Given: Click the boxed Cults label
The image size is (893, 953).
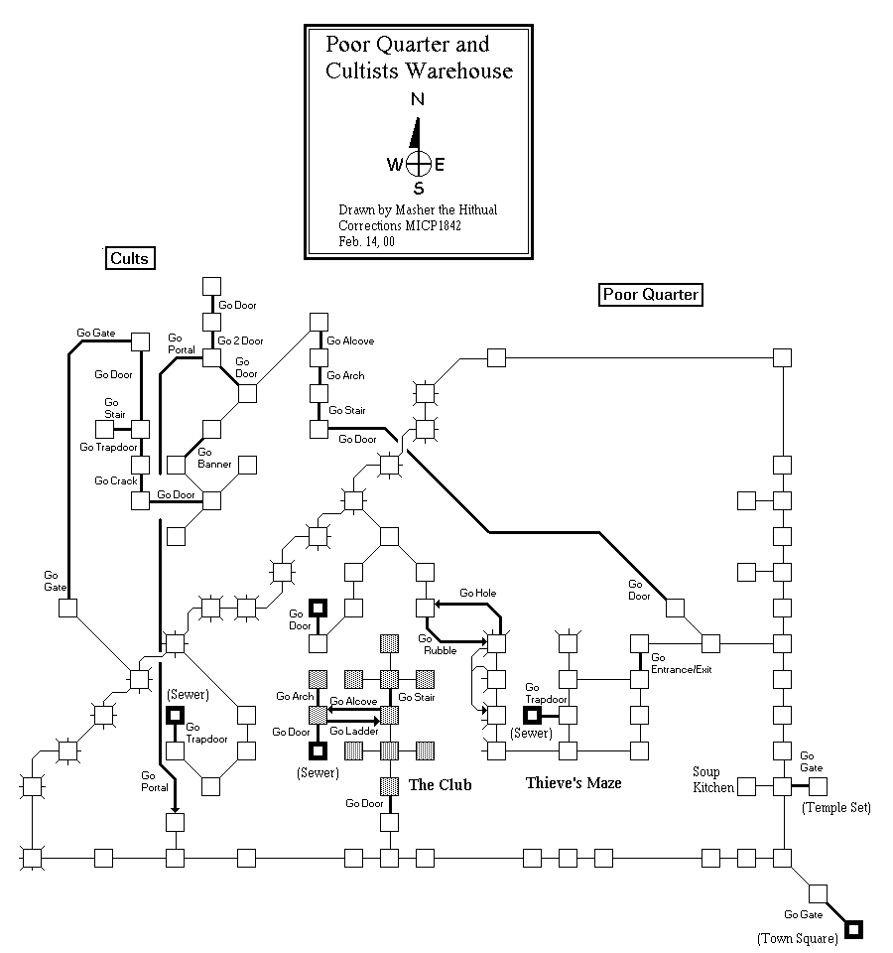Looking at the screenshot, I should tap(130, 259).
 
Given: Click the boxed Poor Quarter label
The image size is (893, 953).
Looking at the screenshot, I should tap(651, 294).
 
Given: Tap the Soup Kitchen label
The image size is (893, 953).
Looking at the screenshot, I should tap(713, 779).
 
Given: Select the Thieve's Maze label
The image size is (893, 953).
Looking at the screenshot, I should tap(574, 783).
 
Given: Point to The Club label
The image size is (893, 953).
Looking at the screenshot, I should tap(440, 785).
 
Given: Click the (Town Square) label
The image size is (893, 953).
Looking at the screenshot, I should tap(797, 938).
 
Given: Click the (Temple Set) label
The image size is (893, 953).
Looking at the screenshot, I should tap(835, 808).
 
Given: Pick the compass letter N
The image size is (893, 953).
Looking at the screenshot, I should tap(418, 99).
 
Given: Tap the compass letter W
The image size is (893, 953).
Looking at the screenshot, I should tap(395, 165).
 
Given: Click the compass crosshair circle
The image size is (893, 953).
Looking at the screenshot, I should tap(419, 164).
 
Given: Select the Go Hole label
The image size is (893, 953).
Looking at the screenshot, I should tap(477, 593).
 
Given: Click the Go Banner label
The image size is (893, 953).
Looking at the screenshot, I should tap(214, 458).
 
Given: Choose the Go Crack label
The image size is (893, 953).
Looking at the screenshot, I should tap(116, 480).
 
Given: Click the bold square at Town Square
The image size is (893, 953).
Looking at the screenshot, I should tap(852, 929).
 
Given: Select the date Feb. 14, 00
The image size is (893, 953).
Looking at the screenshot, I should tap(366, 240).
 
